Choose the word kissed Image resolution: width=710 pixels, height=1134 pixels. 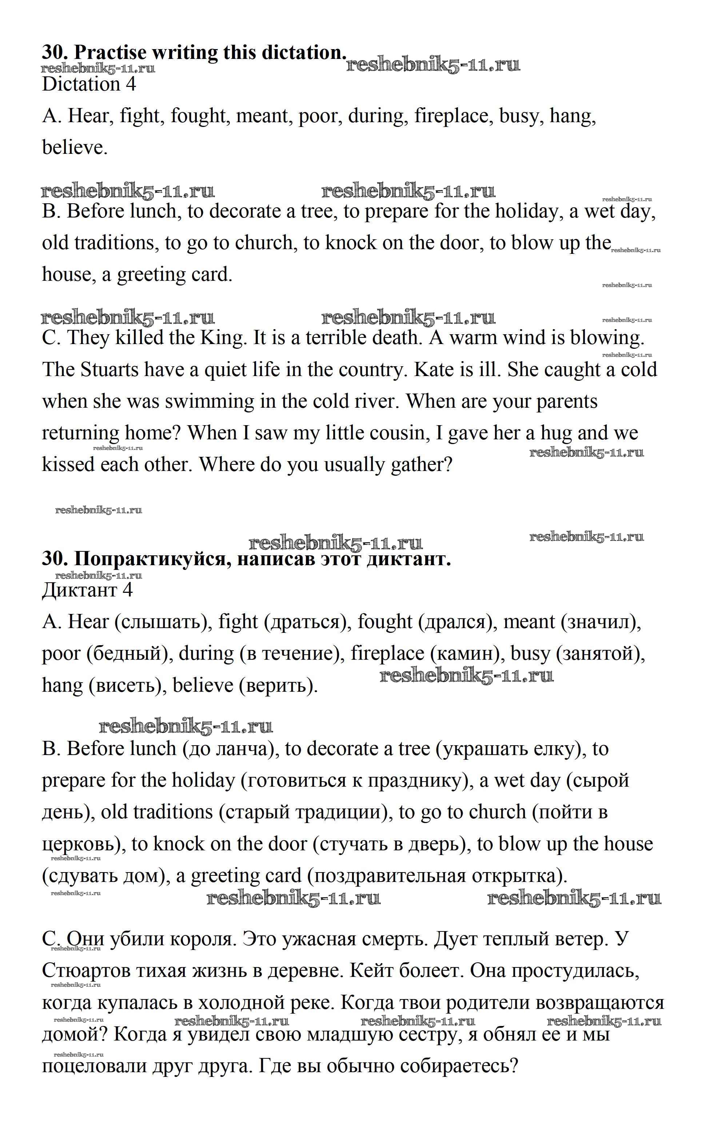tap(68, 464)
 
